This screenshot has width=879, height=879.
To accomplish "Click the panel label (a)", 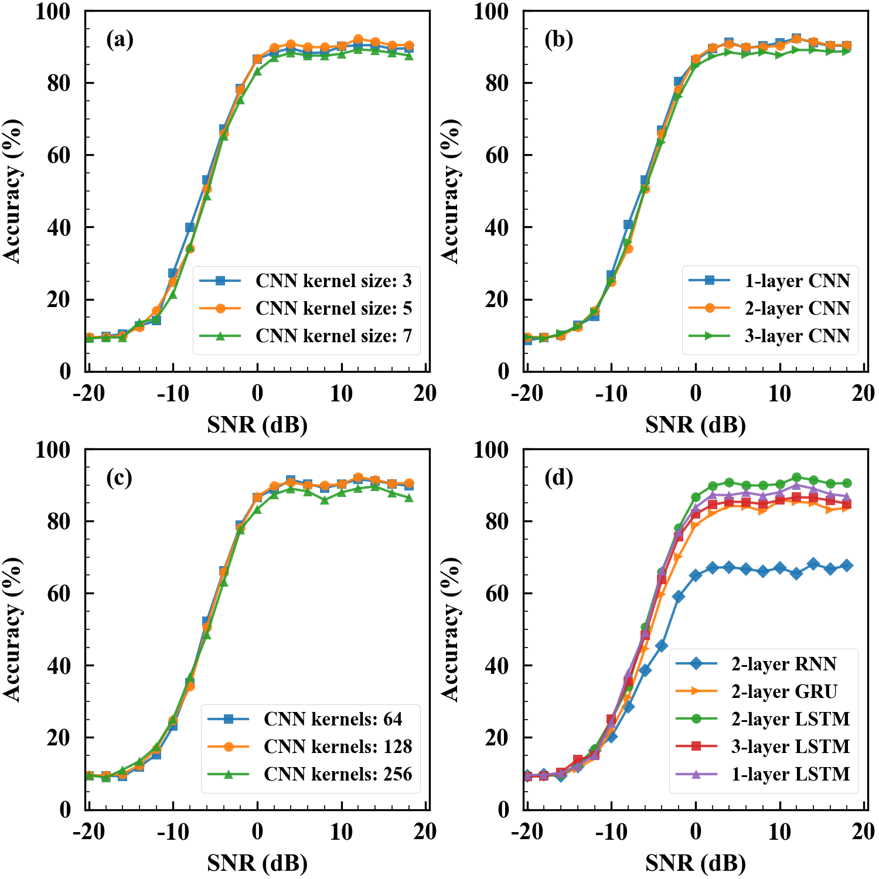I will [x=120, y=40].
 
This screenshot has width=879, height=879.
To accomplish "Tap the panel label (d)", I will [x=558, y=478].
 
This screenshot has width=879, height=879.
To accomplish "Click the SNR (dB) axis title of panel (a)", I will [x=257, y=424].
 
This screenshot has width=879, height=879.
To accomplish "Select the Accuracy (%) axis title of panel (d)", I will [x=450, y=629].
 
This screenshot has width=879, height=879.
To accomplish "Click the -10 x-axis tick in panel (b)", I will [x=611, y=394].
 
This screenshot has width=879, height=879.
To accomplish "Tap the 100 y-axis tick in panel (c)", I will [x=53, y=450].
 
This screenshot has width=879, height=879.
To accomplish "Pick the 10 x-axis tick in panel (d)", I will [x=780, y=832].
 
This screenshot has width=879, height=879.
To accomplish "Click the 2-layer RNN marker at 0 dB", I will [x=696, y=575].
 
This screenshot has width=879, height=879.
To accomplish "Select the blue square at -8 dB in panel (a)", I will [x=190, y=227].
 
